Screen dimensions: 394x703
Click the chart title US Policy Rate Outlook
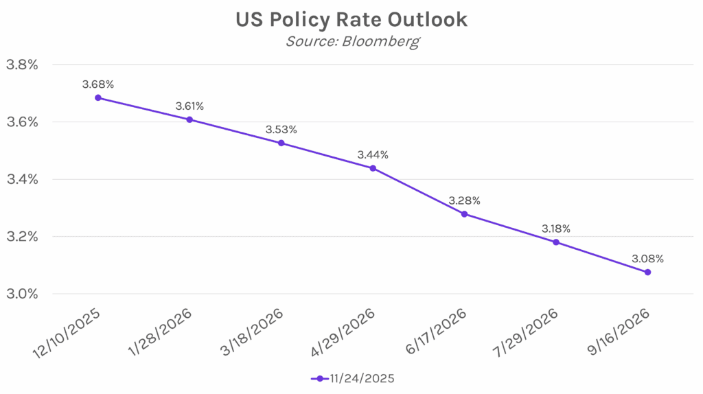tap(351, 19)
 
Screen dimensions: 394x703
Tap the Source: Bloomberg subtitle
tap(351, 41)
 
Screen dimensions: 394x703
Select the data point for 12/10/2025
tap(98, 97)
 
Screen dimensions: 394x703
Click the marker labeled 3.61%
tap(189, 119)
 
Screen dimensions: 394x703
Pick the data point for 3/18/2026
tap(281, 143)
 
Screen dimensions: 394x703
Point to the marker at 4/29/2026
tap(373, 168)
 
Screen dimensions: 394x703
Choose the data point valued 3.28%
tap(464, 214)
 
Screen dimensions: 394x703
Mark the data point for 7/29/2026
tap(556, 242)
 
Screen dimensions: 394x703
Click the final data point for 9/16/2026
tap(647, 272)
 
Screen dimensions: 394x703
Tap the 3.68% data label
tap(98, 84)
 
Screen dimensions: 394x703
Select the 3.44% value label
tap(373, 155)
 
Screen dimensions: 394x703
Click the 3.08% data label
tap(647, 259)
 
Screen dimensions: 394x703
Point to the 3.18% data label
tap(556, 229)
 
